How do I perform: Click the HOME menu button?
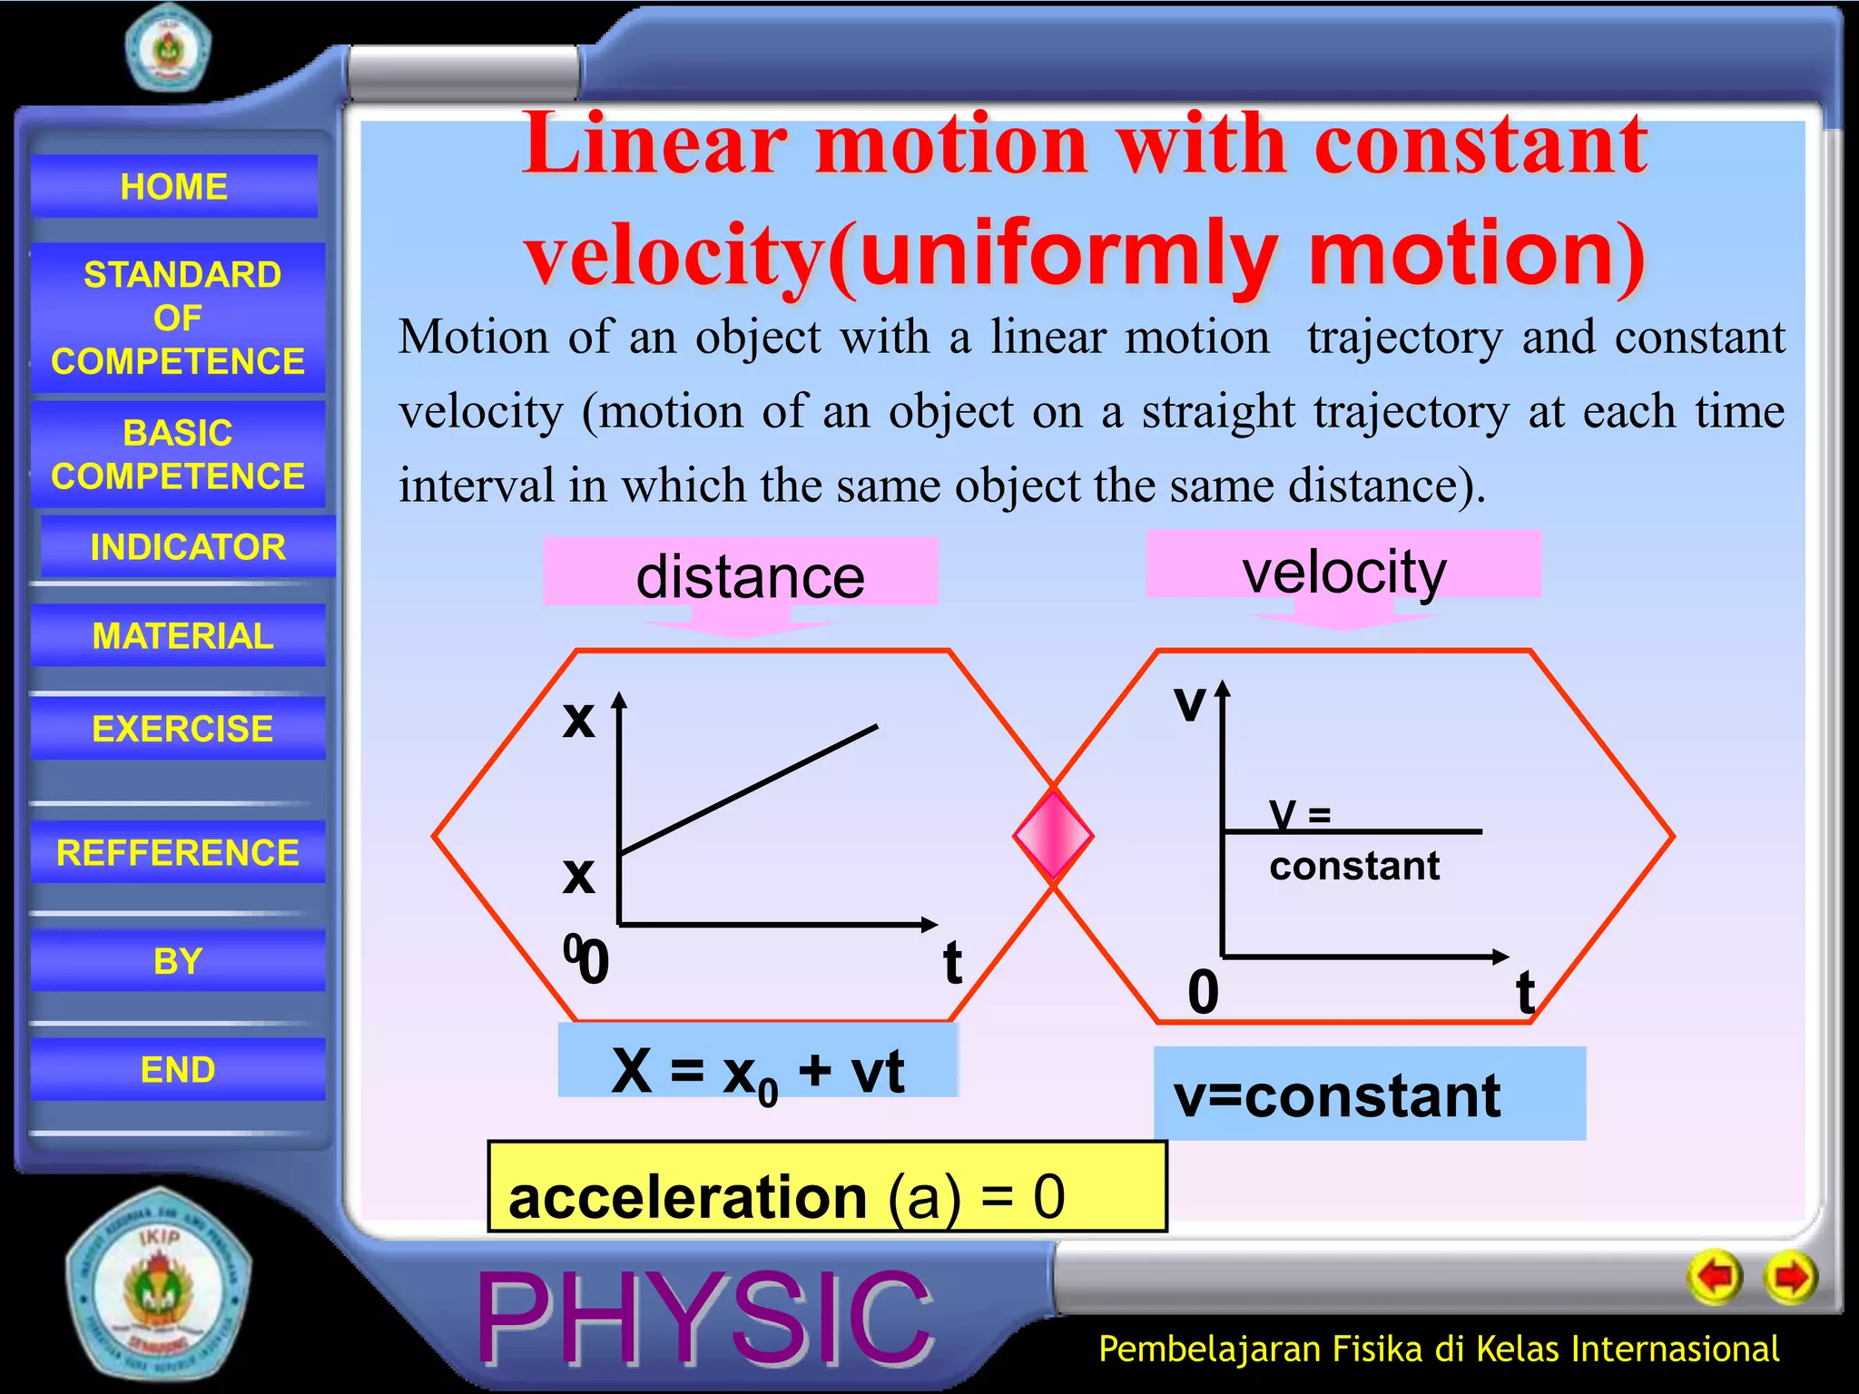click(x=174, y=186)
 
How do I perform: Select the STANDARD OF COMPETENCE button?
click(x=178, y=318)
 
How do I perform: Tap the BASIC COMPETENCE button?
click(x=178, y=454)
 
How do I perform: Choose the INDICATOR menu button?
click(x=188, y=546)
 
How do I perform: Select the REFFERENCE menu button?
click(x=178, y=852)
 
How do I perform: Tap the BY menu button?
click(x=178, y=960)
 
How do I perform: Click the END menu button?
click(x=178, y=1069)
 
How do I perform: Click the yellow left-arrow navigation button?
click(x=1715, y=1277)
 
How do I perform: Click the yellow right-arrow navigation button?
click(x=1790, y=1277)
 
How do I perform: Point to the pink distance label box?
click(x=741, y=573)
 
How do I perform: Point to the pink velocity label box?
click(x=1343, y=565)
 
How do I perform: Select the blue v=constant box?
click(x=1369, y=1094)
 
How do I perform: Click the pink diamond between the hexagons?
click(x=1053, y=835)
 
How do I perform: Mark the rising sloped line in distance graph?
click(x=749, y=789)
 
